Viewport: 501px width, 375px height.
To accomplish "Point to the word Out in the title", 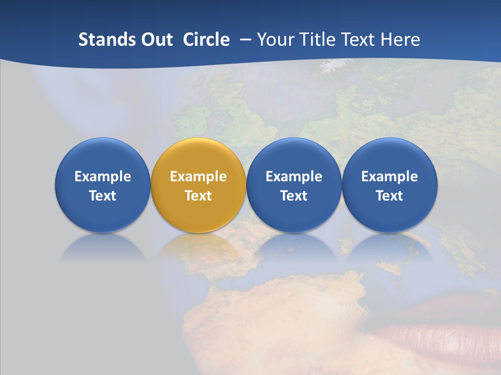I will click(157, 40).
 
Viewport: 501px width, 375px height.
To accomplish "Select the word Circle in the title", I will click(206, 40).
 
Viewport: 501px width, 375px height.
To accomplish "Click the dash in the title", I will click(245, 40).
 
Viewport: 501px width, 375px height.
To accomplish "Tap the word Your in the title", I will click(275, 40).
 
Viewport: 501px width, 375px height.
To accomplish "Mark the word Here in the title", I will click(401, 40).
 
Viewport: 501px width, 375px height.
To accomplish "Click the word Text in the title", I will click(359, 40).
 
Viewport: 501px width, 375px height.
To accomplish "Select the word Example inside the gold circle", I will click(198, 177).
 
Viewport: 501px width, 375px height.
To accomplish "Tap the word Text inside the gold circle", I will click(198, 196).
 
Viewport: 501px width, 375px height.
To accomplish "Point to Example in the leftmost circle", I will click(102, 177).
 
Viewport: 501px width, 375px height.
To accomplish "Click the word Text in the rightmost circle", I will click(389, 196).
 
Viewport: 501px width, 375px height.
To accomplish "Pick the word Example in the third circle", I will click(294, 177).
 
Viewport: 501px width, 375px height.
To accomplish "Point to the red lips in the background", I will click(444, 333).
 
